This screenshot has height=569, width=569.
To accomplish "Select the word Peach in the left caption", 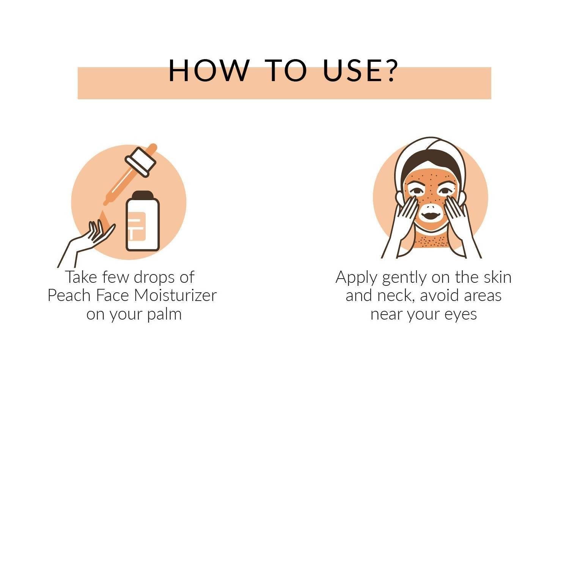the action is point(68,296).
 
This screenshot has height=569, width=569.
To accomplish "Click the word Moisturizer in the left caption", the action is point(175,296).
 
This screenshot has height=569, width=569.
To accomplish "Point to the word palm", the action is point(164,315).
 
